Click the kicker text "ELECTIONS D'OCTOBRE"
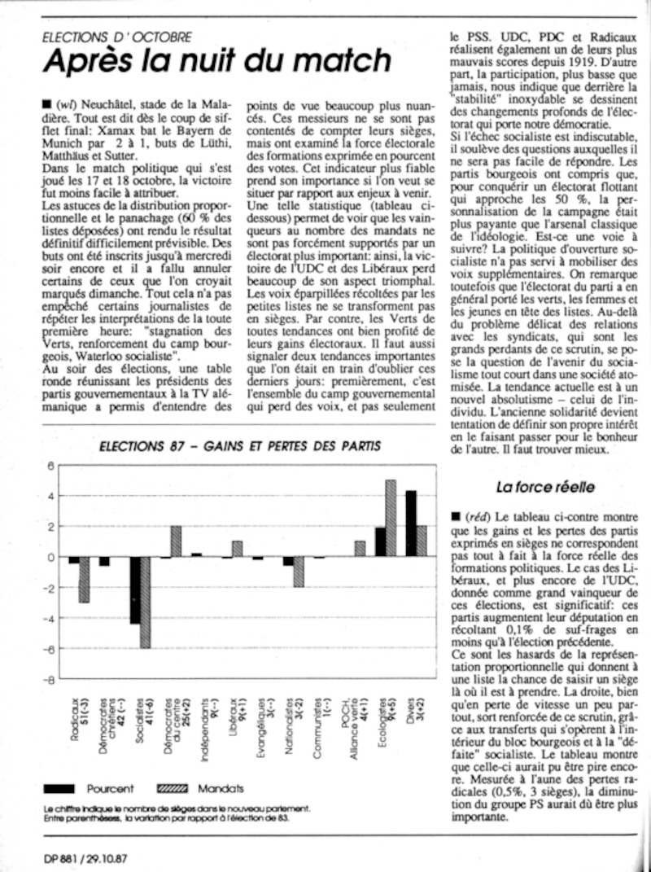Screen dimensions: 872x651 point(117,37)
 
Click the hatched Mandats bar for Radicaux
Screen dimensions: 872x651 point(84,580)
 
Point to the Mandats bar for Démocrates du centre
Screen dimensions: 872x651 point(176,541)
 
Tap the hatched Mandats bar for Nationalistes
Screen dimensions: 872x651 point(299,572)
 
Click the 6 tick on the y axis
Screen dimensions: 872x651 point(50,466)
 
